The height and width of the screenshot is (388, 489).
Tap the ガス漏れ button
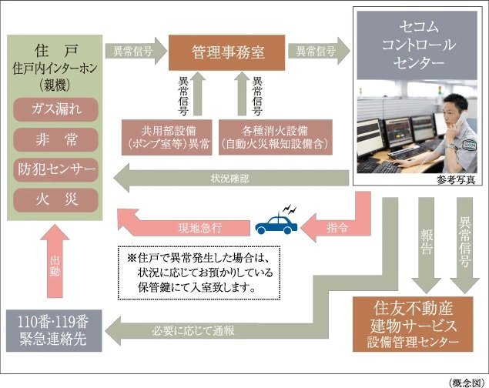click(x=55, y=107)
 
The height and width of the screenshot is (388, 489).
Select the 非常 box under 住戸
click(x=55, y=139)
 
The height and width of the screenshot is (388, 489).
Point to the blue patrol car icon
click(x=277, y=224)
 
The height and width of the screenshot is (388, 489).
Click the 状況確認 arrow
click(x=231, y=179)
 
